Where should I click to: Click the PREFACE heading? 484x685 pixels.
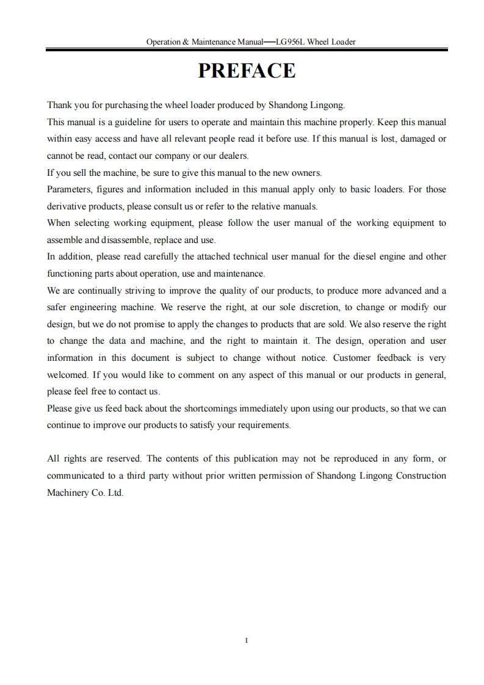tap(247, 71)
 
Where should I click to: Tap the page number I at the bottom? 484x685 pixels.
tap(246, 640)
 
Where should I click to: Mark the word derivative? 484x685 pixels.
tap(67, 206)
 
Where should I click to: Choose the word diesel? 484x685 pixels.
tap(346, 256)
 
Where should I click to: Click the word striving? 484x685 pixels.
tap(131, 291)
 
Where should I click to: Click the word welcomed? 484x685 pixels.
tap(68, 374)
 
